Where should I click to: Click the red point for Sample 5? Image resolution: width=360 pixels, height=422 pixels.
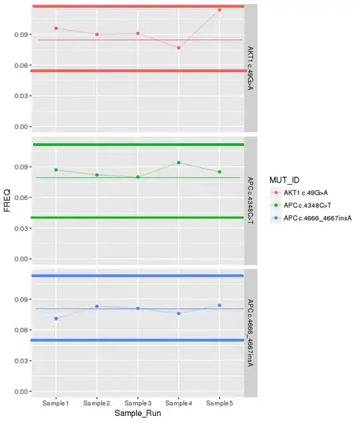coord(219,10)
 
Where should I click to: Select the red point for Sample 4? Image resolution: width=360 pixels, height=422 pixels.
coord(179,47)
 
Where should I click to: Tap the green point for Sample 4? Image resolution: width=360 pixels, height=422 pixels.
coord(179,163)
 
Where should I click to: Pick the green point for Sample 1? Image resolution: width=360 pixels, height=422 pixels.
coord(56,170)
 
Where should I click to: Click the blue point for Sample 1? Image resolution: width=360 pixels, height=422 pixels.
coord(56,319)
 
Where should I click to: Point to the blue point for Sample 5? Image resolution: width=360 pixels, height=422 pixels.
coord(219,305)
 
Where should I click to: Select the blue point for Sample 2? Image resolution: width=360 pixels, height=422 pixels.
coord(97,307)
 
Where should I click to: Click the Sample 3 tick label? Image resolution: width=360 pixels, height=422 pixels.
coord(137,403)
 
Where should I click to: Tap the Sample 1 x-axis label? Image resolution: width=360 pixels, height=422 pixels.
coord(56,403)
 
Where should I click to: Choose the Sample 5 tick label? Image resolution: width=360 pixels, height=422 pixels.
coord(219,403)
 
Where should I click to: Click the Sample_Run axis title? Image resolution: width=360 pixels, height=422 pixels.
coord(138,415)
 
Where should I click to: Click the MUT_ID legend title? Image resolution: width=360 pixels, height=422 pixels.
coord(285,180)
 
